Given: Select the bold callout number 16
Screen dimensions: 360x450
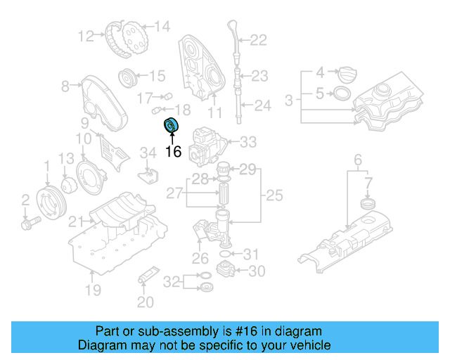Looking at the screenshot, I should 173,151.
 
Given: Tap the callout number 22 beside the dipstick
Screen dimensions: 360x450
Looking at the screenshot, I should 259,41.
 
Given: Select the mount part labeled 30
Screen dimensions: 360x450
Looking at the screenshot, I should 226,270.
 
